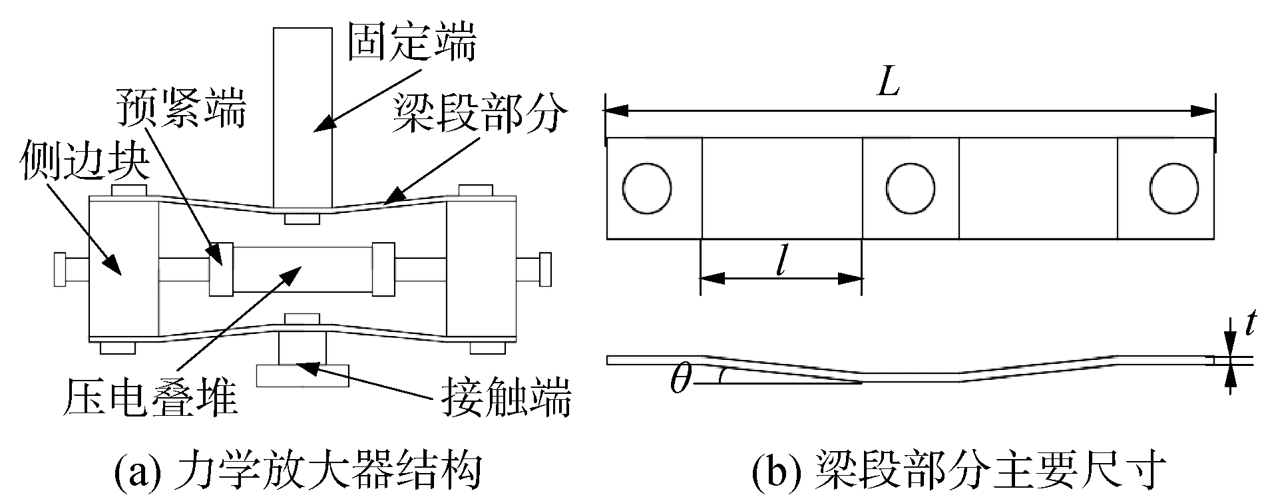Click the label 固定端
(x=412, y=45)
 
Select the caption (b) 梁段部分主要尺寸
(x=959, y=472)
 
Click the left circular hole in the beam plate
(x=646, y=188)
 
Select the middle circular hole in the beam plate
(x=911, y=188)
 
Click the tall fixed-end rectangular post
(x=302, y=116)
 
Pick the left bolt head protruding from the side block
(x=60, y=269)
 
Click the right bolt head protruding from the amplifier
(x=544, y=269)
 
